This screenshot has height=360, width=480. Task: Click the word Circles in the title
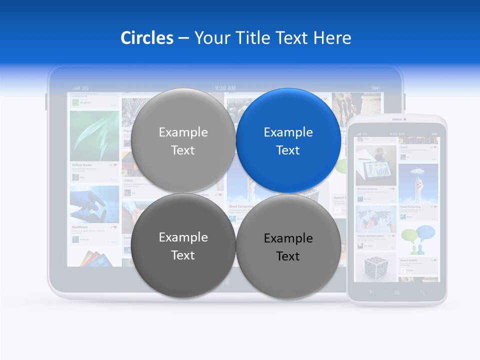point(146,38)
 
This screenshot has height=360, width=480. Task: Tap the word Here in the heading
point(332,38)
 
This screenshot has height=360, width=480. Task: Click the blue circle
point(288,140)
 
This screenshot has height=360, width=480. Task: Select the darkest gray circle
point(183,245)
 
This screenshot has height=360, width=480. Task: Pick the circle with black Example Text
point(288,246)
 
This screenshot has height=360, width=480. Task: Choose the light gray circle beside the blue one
point(183,140)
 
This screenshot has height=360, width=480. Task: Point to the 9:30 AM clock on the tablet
point(225,88)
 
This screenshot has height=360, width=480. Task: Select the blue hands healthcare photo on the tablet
point(94,204)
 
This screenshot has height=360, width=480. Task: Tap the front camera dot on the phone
point(404,119)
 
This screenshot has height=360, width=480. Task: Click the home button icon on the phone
point(397,292)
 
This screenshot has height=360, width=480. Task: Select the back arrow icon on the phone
point(371,292)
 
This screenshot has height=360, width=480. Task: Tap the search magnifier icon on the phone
point(423,292)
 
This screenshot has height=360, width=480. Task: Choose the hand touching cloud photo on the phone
point(418,182)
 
